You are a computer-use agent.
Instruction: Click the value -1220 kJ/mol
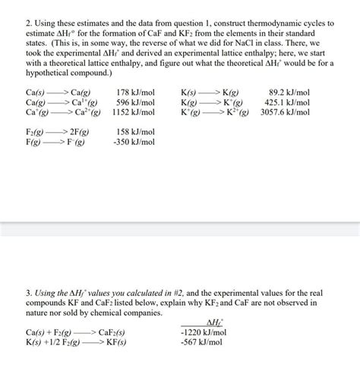click(201, 332)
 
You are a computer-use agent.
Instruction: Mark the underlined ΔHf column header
click(203, 322)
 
